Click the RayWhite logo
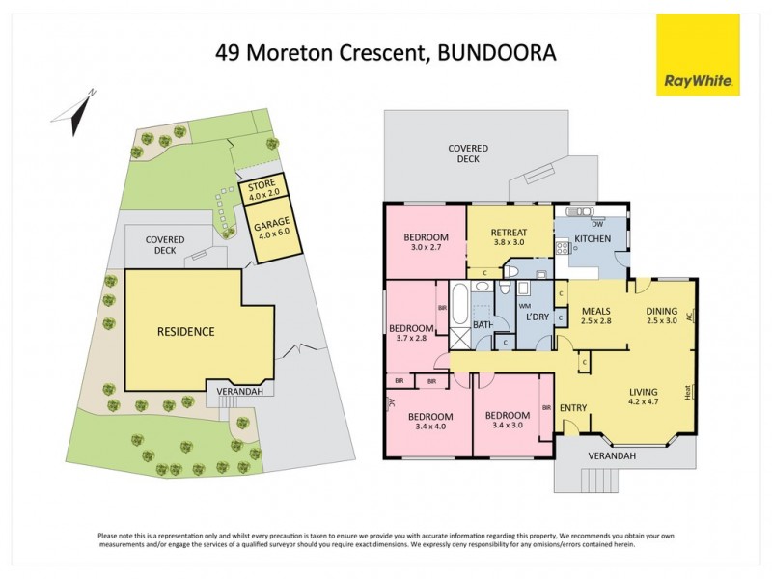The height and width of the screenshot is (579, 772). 699,55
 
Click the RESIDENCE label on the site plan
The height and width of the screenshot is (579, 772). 185,331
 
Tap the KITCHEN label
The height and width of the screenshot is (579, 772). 591,237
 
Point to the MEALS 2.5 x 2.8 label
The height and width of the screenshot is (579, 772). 597,315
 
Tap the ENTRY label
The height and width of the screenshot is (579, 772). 573,407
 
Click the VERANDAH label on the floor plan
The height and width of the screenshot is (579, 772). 620,456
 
